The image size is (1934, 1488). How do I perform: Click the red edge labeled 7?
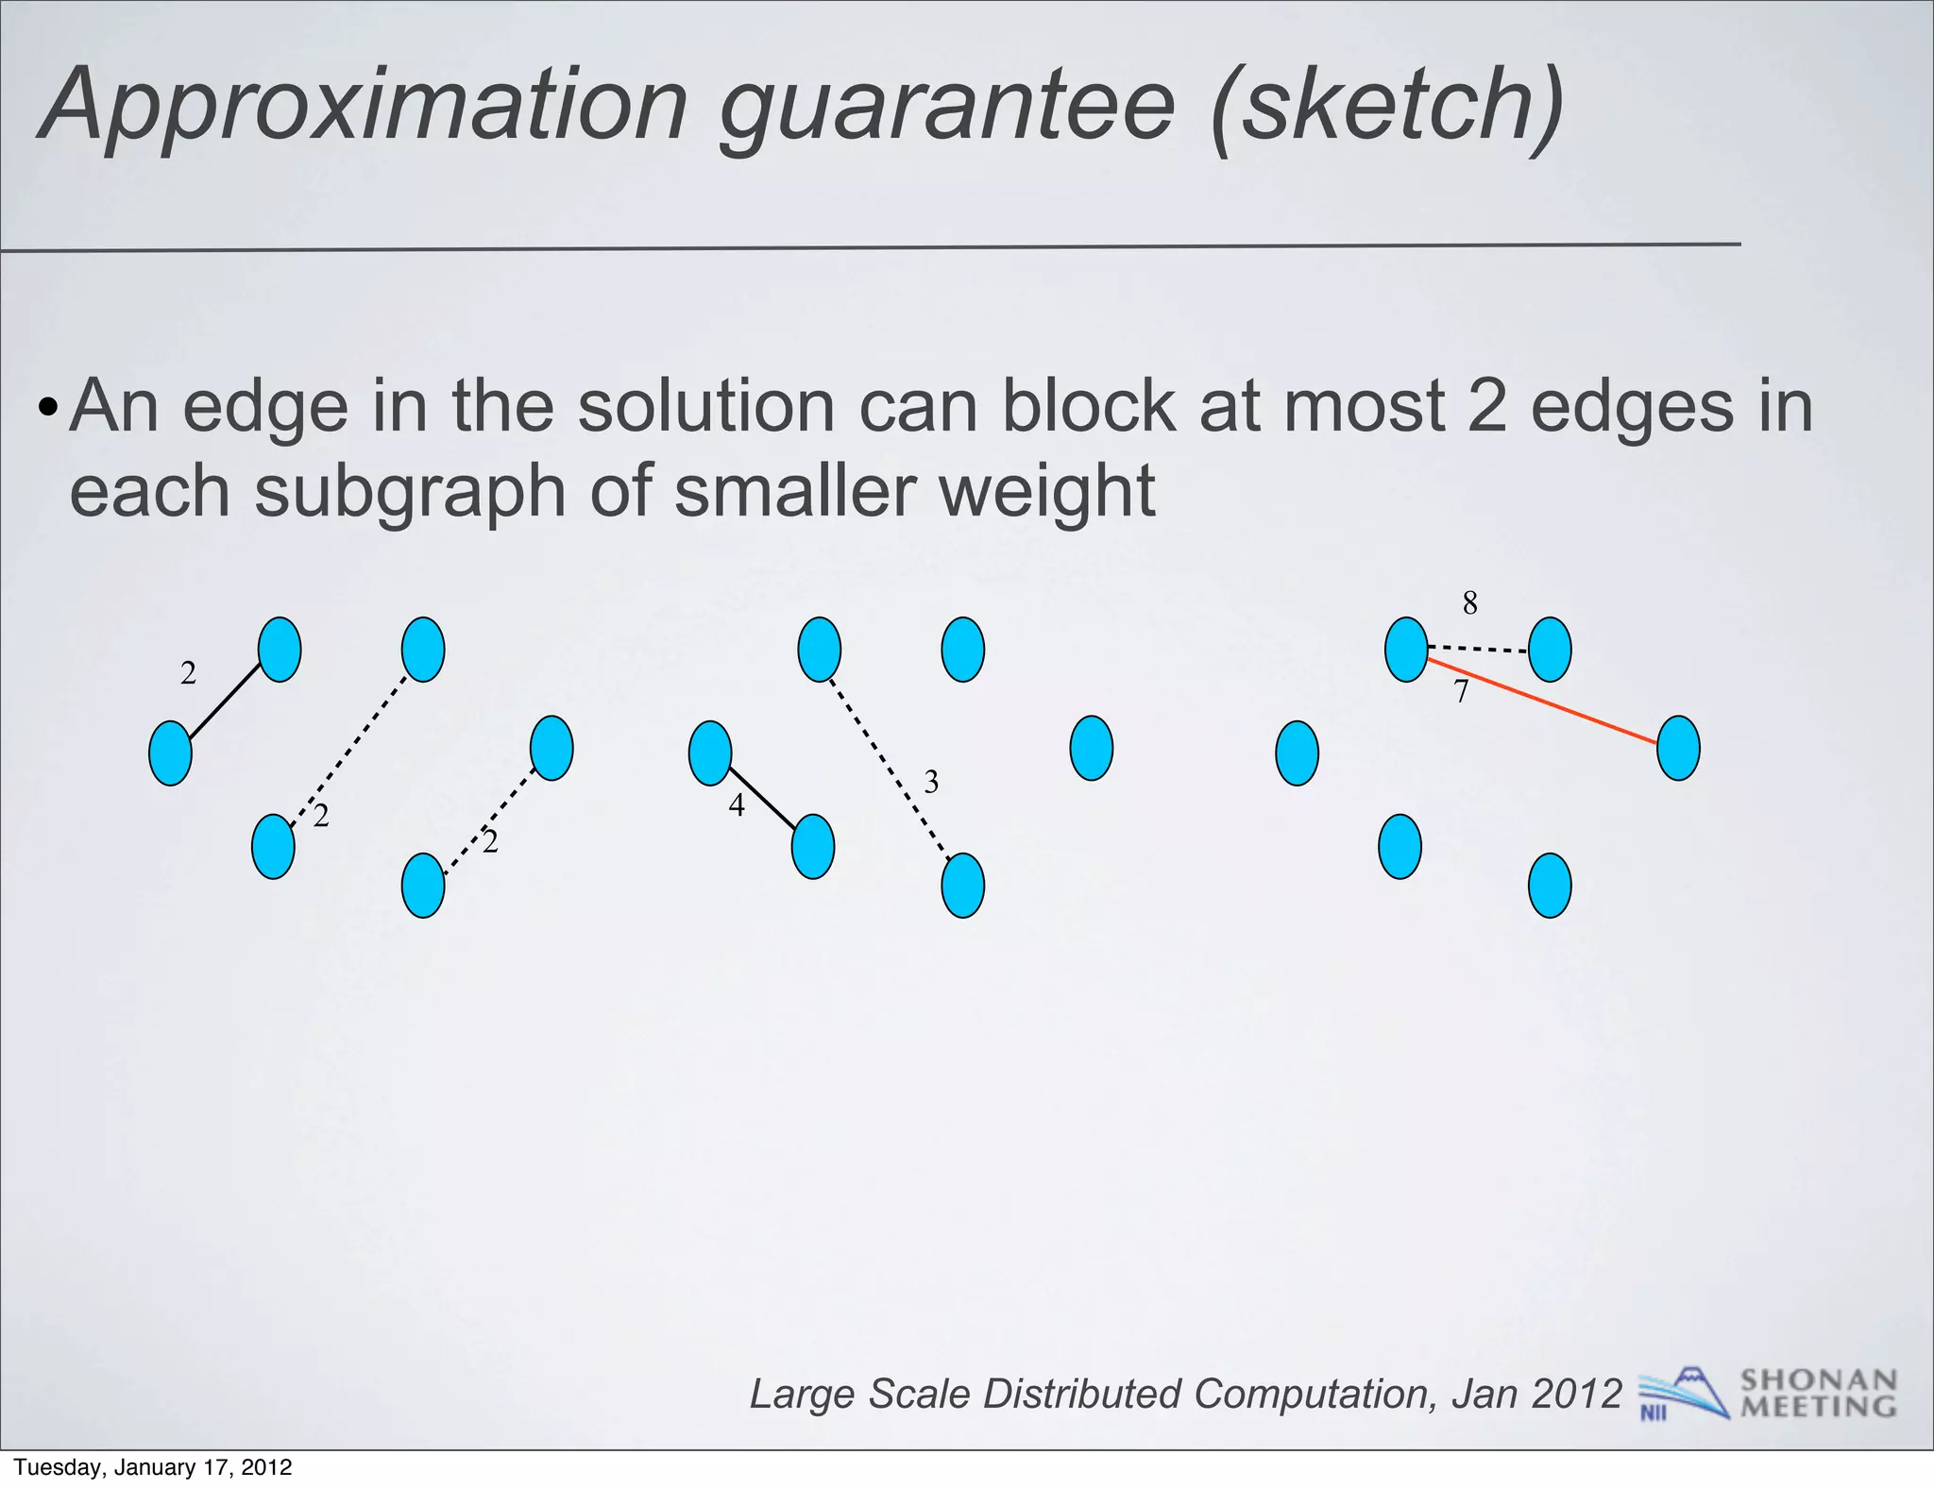coord(1549,704)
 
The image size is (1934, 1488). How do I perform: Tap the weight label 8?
coord(1469,602)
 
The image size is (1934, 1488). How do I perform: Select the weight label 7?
coord(1461,692)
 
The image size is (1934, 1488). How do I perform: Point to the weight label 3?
coord(931,782)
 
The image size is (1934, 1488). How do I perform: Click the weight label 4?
coord(737,805)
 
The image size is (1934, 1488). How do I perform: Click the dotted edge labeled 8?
coord(1478,649)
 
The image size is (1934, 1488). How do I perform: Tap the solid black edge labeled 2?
coord(225,702)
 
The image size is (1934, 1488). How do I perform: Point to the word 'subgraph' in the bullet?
coord(411,493)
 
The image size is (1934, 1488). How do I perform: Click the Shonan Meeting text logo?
coord(1818,1394)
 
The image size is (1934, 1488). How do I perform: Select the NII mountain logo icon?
coord(1682,1394)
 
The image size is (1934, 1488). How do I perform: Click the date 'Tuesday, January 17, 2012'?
coord(153,1467)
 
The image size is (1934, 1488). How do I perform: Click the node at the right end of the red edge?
coord(1678,748)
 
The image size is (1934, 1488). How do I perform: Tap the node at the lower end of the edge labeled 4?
coord(812,847)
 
